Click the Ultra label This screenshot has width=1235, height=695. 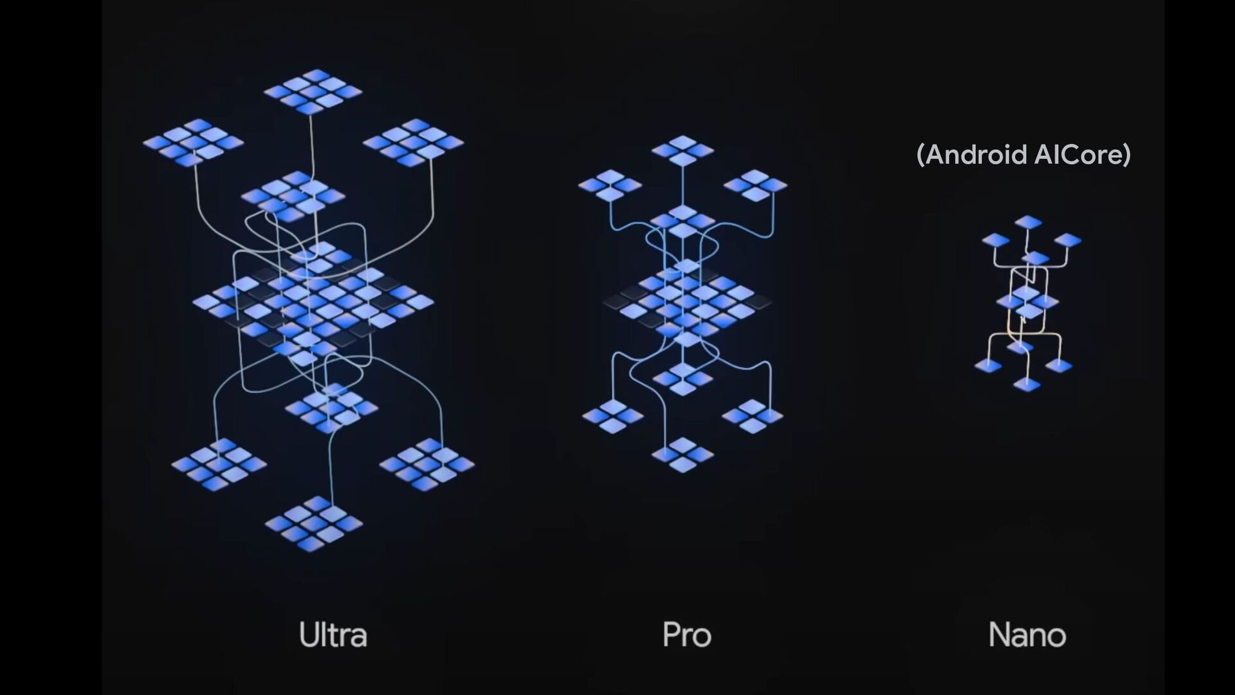point(333,635)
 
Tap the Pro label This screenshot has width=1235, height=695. point(686,635)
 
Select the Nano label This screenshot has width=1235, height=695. point(1027,635)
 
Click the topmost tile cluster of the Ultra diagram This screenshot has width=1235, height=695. point(313,91)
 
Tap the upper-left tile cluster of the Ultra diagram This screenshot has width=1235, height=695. point(193,142)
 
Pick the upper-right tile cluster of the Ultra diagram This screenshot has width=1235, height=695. point(413,142)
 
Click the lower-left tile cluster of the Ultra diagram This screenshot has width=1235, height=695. point(219,464)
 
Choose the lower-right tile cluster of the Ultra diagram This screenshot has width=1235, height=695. point(426,464)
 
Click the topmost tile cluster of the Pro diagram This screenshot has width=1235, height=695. point(682,151)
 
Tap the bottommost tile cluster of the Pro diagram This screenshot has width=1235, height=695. point(682,454)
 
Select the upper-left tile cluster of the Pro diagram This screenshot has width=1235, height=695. point(610,185)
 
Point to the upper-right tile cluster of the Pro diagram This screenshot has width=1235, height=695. point(755,185)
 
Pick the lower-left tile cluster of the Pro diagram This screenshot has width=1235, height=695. point(612,416)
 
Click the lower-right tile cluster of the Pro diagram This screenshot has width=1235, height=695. point(753,416)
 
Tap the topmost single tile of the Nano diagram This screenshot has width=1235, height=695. point(1028,223)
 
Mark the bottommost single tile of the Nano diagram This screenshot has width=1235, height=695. point(1027,385)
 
